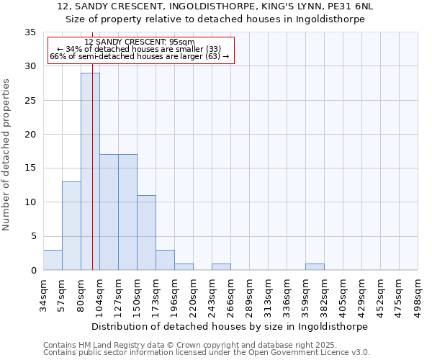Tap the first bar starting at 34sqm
point(53,260)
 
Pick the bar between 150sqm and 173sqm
point(146,233)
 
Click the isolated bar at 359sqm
point(315,266)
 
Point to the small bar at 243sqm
point(221,266)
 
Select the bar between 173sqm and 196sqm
point(165,260)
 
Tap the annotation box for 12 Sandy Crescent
point(140,50)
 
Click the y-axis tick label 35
point(30,32)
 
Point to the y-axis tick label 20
point(30,135)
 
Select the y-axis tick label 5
point(33,236)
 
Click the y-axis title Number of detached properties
point(6,154)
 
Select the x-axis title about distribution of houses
point(230,326)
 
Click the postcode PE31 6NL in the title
point(351,6)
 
